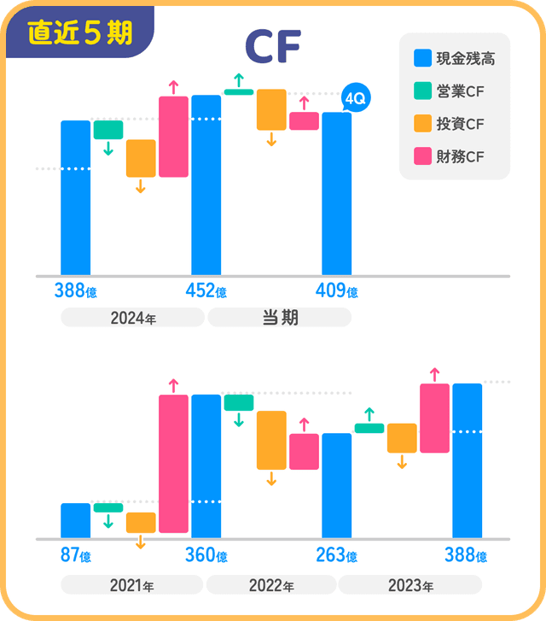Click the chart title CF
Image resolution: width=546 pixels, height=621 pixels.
click(x=272, y=48)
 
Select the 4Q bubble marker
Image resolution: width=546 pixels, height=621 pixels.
click(x=354, y=99)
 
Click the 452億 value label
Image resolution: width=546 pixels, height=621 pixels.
click(x=206, y=291)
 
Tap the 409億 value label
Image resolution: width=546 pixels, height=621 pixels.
click(x=336, y=291)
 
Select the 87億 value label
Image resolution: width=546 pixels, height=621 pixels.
click(x=75, y=556)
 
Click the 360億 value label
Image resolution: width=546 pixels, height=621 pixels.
click(x=206, y=556)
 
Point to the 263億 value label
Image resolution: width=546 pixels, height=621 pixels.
click(x=336, y=556)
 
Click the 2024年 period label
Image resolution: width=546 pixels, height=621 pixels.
click(x=132, y=318)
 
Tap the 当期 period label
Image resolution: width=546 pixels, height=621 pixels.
click(x=279, y=318)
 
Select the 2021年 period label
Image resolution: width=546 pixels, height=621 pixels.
click(x=131, y=586)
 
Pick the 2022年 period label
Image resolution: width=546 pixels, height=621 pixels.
click(x=270, y=586)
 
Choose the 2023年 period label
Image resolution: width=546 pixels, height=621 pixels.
click(x=409, y=586)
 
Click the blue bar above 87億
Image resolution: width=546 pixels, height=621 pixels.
click(x=75, y=521)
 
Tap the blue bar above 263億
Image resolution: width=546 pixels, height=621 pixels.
click(x=336, y=486)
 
